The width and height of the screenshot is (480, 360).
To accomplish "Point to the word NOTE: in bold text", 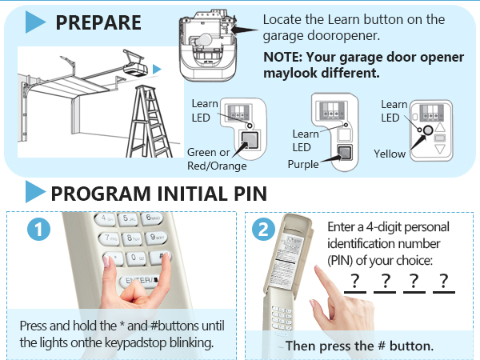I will click(284, 58).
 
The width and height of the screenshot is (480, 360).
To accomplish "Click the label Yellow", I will click(390, 153).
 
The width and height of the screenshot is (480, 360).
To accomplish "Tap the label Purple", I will click(302, 165).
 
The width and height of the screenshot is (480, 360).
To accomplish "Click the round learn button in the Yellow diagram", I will click(428, 129).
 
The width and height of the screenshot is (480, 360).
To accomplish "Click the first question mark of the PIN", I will click(354, 281).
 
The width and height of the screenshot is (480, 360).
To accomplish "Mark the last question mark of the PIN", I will click(442, 281).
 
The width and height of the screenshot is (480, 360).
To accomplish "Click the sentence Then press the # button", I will click(359, 346).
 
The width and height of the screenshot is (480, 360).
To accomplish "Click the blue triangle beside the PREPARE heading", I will click(35, 22).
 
